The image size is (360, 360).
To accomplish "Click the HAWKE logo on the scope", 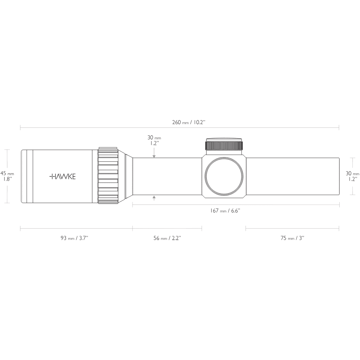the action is point(63,176).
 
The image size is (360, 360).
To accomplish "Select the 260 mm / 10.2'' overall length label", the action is point(188,122).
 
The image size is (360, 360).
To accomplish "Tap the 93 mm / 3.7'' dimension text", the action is point(74,238).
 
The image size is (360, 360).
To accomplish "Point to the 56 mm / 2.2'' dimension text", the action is point(167,238).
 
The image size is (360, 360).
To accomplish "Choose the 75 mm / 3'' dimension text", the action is point(292,238).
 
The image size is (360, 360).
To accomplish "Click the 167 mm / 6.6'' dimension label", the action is point(225,211).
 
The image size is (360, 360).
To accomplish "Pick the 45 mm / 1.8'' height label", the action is point(7,176).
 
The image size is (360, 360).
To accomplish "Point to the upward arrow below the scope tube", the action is point(154,198).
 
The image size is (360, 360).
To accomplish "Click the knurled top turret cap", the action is point(224,144).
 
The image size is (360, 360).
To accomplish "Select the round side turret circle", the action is point(224,176).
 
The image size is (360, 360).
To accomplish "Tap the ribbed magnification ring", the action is point(108,175).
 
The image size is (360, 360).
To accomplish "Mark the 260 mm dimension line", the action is point(180,127).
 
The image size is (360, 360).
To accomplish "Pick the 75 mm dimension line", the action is point(292,229).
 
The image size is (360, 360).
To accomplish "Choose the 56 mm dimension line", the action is point(167,229).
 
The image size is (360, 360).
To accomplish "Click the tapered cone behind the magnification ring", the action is point(129,176).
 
